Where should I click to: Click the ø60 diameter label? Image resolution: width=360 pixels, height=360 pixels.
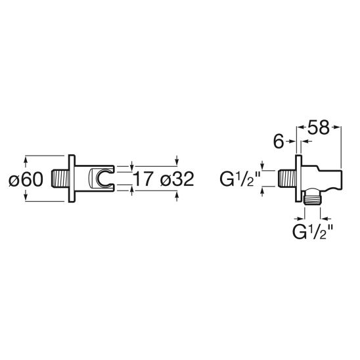coord(26,179)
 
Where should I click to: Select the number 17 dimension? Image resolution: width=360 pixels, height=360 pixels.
coord(143,179)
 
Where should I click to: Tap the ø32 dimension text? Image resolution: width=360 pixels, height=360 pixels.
coord(177,179)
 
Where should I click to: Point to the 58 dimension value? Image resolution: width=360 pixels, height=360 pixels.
coord(318,127)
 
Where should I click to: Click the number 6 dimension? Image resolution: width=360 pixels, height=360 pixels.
coord(279,142)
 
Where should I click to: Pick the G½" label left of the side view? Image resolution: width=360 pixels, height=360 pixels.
coord(240,179)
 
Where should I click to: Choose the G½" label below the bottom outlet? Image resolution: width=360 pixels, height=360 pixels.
coord(313,232)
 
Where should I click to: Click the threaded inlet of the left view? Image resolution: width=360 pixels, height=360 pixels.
coord(60,179)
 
